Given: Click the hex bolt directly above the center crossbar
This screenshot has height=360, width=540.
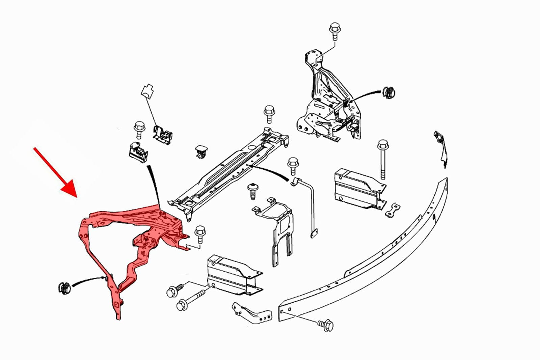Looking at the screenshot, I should [x=269, y=113].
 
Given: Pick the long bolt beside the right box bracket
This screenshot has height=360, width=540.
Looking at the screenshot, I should [x=383, y=159].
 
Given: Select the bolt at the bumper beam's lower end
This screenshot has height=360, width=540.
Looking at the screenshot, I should [x=326, y=325].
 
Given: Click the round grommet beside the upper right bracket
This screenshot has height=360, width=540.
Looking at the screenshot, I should [x=389, y=92].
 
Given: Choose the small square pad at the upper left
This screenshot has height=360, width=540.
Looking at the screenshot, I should [x=147, y=90].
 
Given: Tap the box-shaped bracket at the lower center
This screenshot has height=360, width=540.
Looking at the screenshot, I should [x=233, y=275].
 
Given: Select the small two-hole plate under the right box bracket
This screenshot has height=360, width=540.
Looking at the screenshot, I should [x=393, y=210].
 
